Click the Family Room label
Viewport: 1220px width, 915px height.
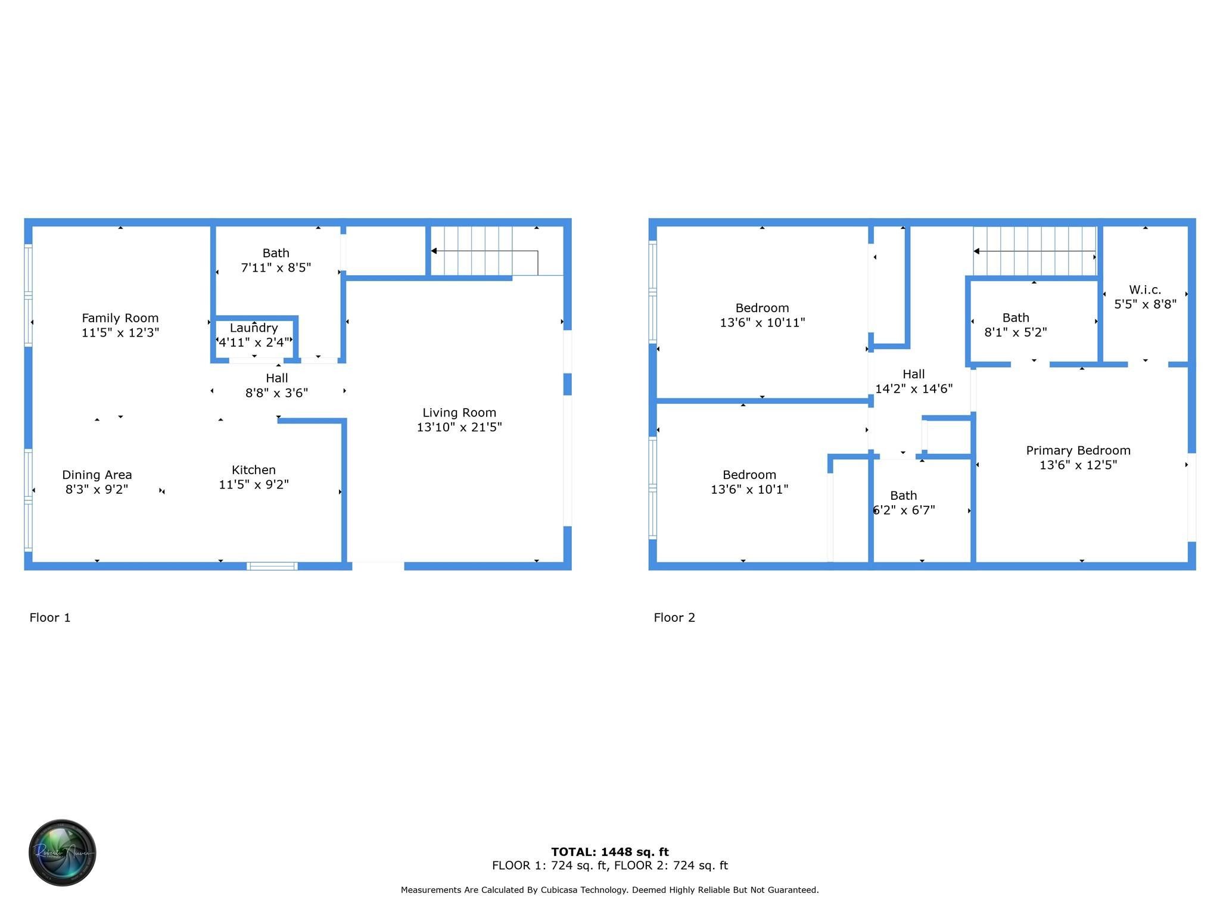click(x=120, y=318)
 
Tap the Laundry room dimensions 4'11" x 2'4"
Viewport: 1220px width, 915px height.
click(x=254, y=343)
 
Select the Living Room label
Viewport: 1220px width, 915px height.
click(x=459, y=413)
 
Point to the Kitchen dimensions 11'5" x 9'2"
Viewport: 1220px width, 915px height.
click(x=254, y=485)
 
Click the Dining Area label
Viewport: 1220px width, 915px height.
click(x=97, y=475)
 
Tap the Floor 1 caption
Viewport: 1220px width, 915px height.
click(x=50, y=618)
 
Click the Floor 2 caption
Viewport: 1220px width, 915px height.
click(x=674, y=618)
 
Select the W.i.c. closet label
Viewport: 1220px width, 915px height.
click(x=1145, y=290)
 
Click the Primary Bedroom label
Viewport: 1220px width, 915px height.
click(x=1078, y=451)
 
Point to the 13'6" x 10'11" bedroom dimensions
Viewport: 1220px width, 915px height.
click(x=762, y=323)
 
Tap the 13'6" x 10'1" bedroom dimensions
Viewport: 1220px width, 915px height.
click(x=749, y=490)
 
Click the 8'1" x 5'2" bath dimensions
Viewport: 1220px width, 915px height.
click(x=1015, y=332)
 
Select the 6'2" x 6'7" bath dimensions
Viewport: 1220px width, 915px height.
click(x=904, y=511)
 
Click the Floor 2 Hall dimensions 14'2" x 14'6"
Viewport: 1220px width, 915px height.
click(x=913, y=389)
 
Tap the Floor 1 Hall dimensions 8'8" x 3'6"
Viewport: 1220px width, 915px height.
click(x=276, y=393)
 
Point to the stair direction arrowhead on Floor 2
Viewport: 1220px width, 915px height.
click(x=976, y=251)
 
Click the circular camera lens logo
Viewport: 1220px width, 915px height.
click(x=63, y=852)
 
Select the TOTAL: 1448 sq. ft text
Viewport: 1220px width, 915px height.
click(x=609, y=852)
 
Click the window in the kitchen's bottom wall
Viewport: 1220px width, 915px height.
click(x=272, y=566)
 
